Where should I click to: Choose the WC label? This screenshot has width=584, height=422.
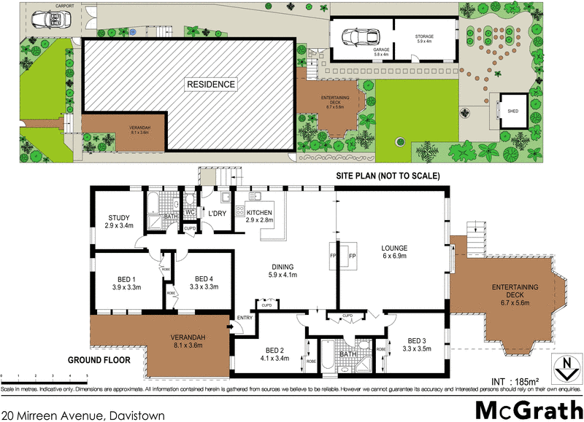[x=188, y=213]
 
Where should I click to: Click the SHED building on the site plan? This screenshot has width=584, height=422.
[x=514, y=109]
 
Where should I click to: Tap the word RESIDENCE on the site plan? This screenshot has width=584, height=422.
[x=211, y=84]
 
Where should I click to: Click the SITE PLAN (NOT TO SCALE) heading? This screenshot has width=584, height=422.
[x=387, y=176]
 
